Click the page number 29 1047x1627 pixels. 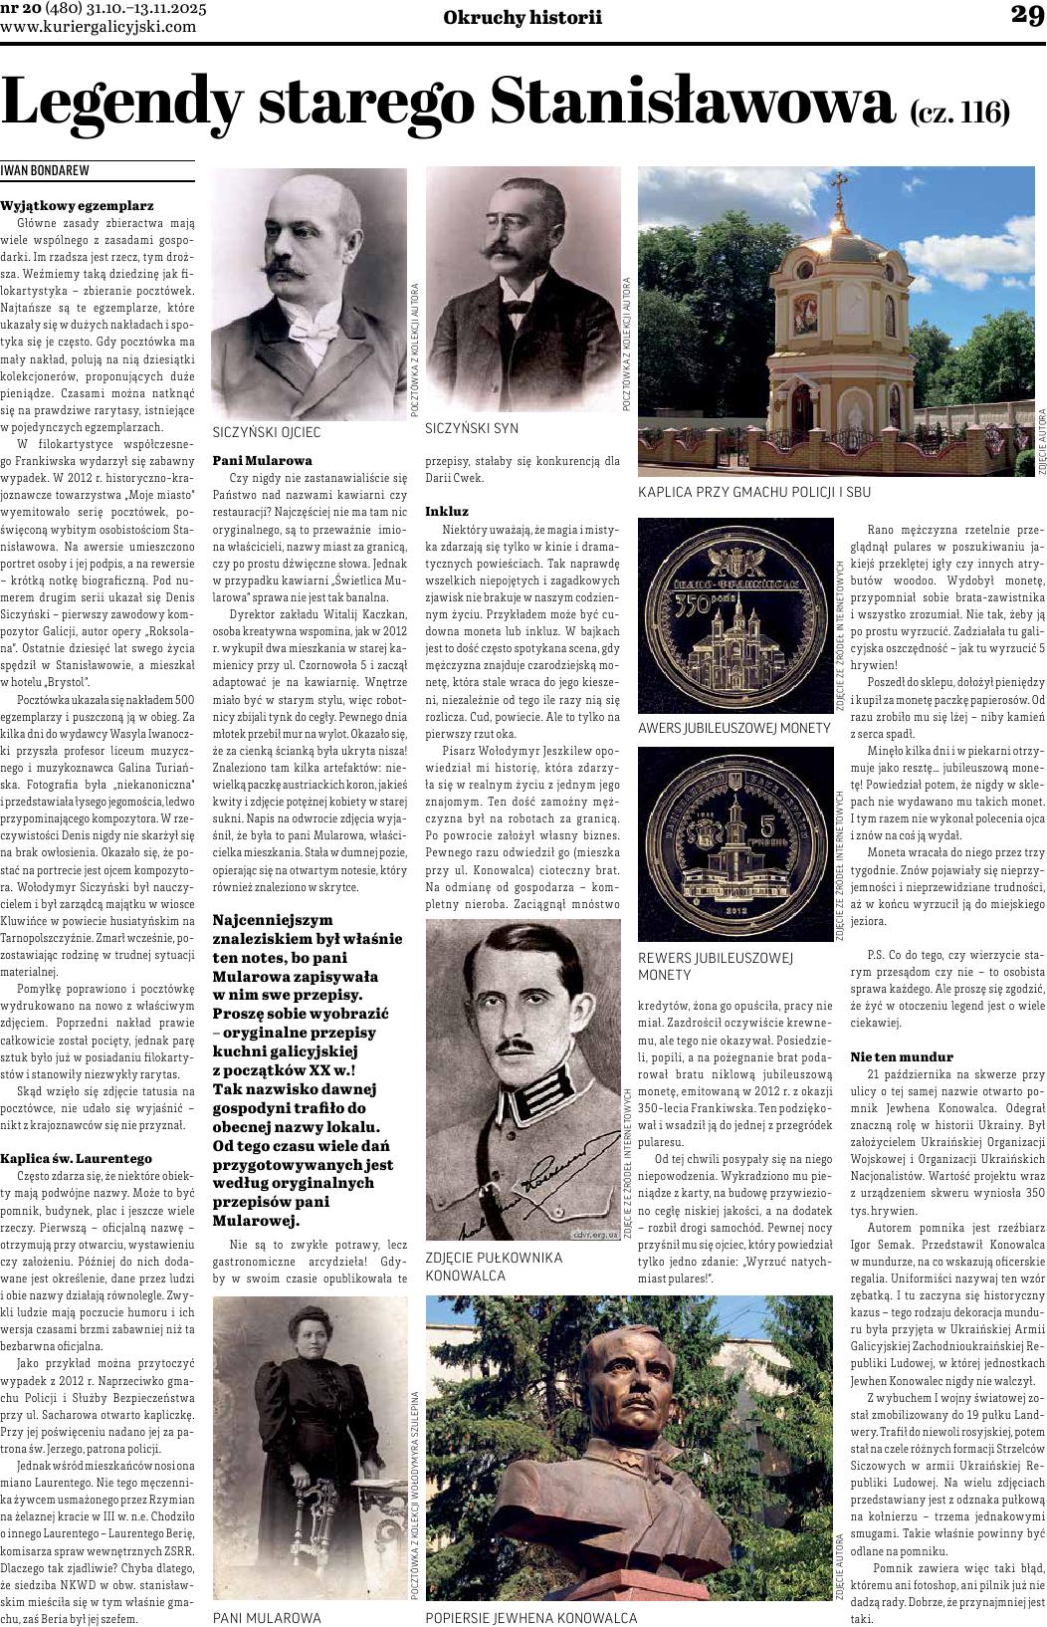pos(1025,15)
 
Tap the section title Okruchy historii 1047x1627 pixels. pos(523,16)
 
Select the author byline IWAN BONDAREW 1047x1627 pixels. pos(45,170)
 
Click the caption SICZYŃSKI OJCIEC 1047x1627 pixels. pos(267,432)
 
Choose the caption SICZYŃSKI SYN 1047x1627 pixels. pos(472,428)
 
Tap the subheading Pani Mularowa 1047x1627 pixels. pos(263,460)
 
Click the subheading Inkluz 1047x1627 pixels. pos(447,510)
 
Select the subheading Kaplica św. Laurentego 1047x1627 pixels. pos(76,1158)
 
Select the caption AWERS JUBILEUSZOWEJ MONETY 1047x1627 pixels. pos(733,728)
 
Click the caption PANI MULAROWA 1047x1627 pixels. pos(267,1618)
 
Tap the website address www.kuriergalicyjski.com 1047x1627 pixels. pos(99,27)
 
